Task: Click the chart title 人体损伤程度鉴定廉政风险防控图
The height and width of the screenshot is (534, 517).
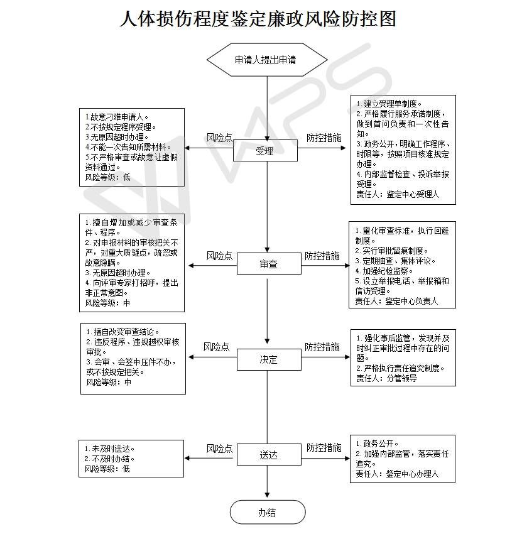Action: click(x=258, y=19)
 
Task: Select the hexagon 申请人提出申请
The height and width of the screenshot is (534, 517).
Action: click(x=267, y=60)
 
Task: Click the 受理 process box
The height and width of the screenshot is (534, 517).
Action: click(x=265, y=151)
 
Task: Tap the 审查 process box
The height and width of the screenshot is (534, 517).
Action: click(x=268, y=264)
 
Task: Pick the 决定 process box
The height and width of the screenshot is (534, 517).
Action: click(x=268, y=360)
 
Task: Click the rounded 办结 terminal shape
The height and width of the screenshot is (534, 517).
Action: click(x=267, y=513)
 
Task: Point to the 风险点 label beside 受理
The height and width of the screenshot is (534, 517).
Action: click(x=219, y=138)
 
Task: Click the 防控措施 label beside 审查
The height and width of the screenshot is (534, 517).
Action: click(x=322, y=256)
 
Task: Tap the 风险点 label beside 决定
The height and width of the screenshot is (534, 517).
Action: click(x=216, y=347)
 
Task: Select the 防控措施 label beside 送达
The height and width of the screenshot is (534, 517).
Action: click(x=324, y=448)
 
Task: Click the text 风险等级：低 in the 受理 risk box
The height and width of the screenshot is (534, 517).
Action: click(x=108, y=177)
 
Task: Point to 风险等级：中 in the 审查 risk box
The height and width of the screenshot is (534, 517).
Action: click(x=108, y=303)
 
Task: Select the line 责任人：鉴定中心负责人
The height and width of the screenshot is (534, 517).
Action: click(x=396, y=302)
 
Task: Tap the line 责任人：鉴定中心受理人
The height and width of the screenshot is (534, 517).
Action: click(x=398, y=195)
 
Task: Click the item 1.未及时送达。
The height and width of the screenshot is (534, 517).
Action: click(x=110, y=449)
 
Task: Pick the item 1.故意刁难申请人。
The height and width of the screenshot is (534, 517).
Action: click(x=117, y=117)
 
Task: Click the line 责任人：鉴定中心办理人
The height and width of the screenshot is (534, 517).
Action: click(x=397, y=474)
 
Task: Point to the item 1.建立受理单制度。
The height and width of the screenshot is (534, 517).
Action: click(x=389, y=104)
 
